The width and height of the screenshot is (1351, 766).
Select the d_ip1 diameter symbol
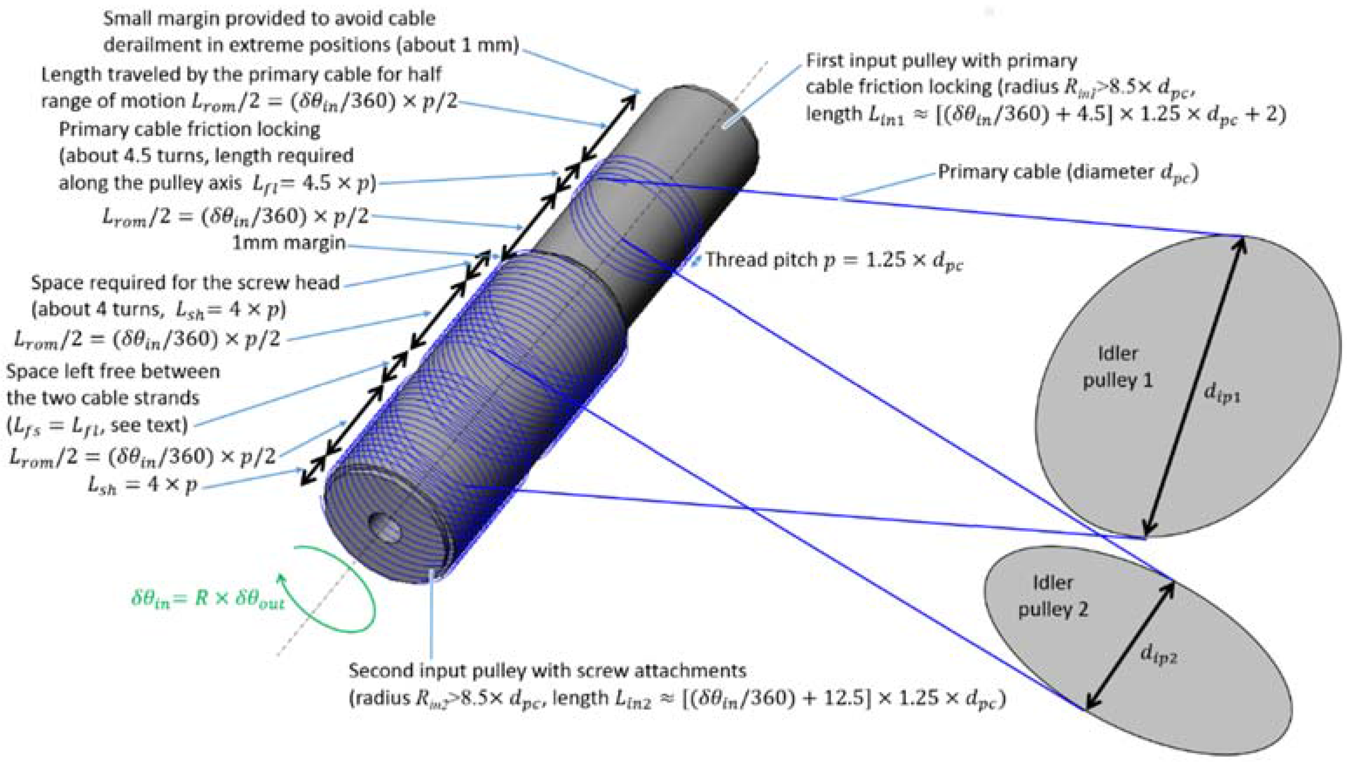(x=1222, y=393)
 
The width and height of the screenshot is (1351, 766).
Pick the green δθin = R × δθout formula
(x=208, y=600)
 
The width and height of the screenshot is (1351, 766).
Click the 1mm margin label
(x=289, y=243)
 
